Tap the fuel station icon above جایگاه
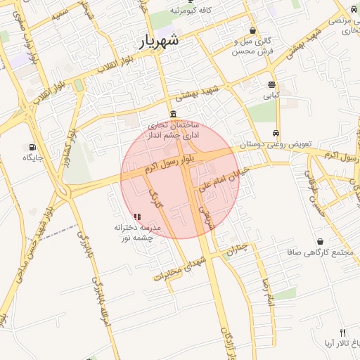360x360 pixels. pos(32,147)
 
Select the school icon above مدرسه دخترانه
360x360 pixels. pos(136,217)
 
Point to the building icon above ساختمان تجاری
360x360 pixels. pos(173,115)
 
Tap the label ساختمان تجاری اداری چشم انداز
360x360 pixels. pos(172,129)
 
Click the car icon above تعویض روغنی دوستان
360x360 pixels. pos(276,133)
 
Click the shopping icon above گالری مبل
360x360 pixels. pos(252,31)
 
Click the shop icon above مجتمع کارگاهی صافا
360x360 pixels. pos(320,241)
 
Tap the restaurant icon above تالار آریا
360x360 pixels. pos(342,333)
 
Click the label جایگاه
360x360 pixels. pos(32,157)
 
